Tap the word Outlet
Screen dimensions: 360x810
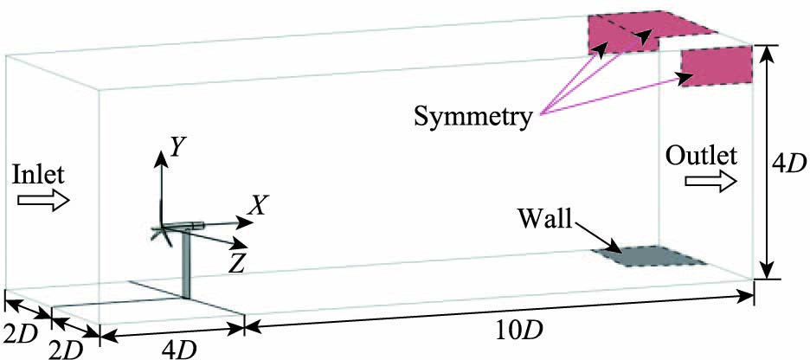point(702,157)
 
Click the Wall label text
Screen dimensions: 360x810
point(544,215)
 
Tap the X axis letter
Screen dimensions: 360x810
point(256,204)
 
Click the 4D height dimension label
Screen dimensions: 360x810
point(789,162)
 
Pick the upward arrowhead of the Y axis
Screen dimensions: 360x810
point(160,155)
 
